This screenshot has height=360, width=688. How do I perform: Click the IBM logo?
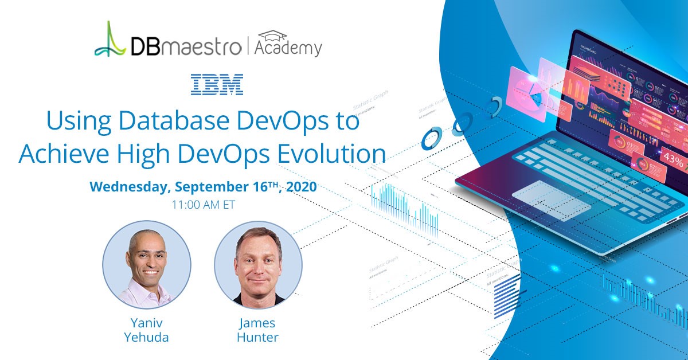pyautogui.click(x=217, y=84)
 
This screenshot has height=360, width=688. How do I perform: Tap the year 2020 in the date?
pyautogui.click(x=300, y=187)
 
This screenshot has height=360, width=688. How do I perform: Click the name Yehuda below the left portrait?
pyautogui.click(x=147, y=337)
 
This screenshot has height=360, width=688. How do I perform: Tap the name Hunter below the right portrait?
pyautogui.click(x=258, y=337)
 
